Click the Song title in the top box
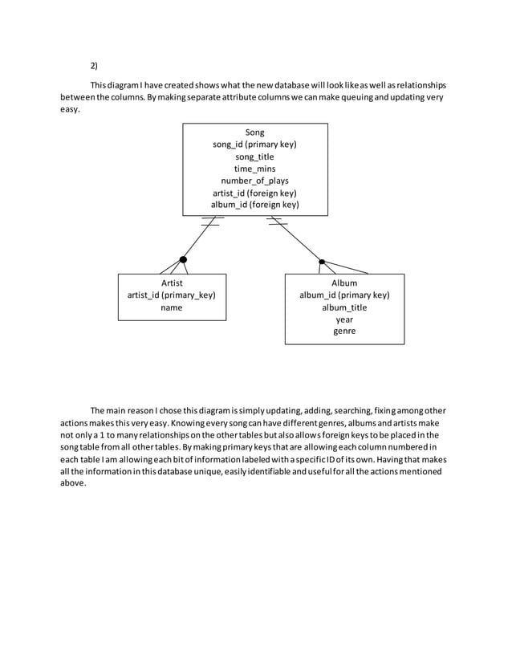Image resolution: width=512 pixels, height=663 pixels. (x=254, y=132)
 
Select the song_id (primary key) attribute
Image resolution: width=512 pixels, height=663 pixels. (x=254, y=144)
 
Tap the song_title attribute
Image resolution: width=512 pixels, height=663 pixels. (x=254, y=157)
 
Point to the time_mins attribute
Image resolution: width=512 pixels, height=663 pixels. (x=254, y=169)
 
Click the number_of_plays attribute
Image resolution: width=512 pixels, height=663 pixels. (x=254, y=181)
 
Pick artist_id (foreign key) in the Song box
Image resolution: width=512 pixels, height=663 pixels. (x=254, y=193)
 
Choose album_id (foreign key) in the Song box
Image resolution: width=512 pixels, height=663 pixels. (x=254, y=205)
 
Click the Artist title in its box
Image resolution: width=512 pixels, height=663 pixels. (x=172, y=283)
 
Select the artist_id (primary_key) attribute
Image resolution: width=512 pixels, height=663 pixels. (x=172, y=295)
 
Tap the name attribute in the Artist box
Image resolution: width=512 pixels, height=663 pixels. (x=172, y=307)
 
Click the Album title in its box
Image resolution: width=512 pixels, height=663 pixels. (x=344, y=283)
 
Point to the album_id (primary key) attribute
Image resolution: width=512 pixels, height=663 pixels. (x=344, y=295)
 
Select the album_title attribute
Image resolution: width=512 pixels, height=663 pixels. (x=344, y=307)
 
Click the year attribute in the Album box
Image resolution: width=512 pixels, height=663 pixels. (x=344, y=319)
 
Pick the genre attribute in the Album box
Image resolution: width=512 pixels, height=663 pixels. (x=344, y=331)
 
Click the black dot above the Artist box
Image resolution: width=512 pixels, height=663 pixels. (x=183, y=259)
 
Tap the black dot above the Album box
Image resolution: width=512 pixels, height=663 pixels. (x=322, y=261)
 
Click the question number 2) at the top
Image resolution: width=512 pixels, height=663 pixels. (x=94, y=65)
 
